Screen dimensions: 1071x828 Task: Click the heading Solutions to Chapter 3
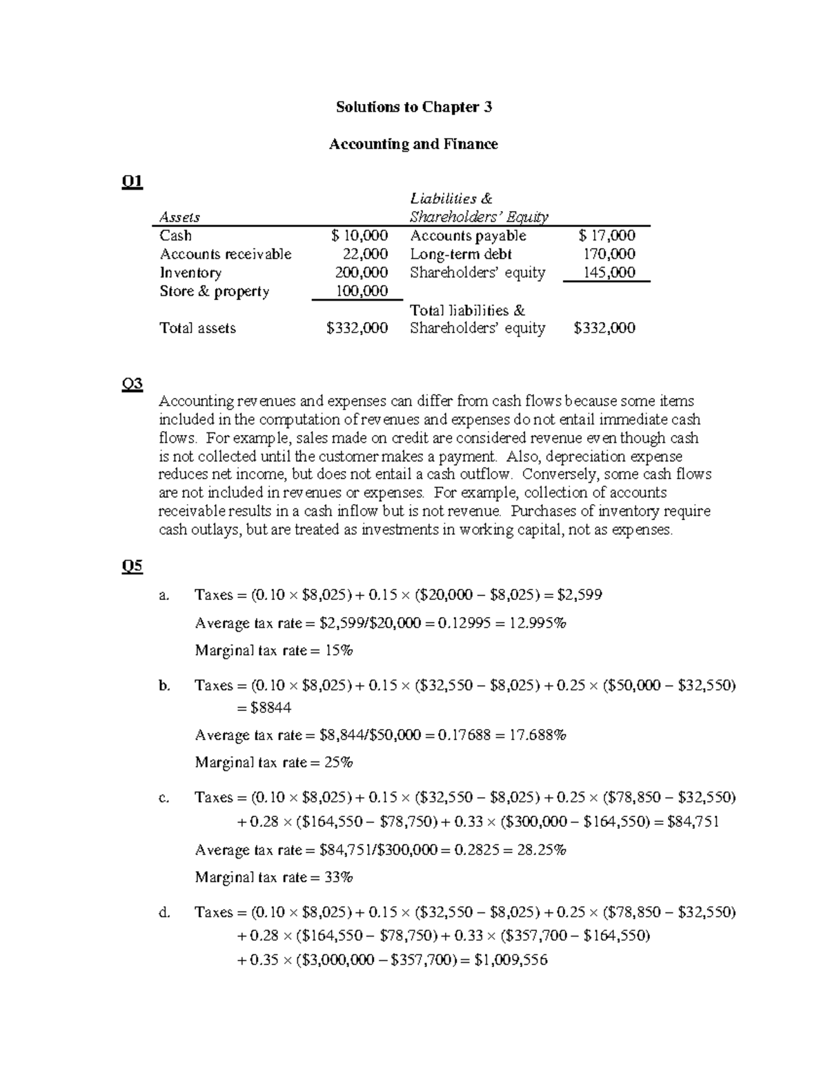[x=413, y=107]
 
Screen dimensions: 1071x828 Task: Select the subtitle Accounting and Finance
[x=413, y=144]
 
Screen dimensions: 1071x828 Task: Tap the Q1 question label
[x=132, y=181]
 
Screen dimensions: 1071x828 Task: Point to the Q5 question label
[x=132, y=566]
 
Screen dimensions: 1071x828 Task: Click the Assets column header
[x=179, y=217]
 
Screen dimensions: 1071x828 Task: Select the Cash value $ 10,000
[x=359, y=236]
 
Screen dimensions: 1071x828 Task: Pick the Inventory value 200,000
[x=362, y=272]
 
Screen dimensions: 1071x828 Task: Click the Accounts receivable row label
[x=226, y=254]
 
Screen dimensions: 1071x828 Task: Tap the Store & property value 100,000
[x=362, y=291]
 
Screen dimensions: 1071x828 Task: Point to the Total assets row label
[x=197, y=328]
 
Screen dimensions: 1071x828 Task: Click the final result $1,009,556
[x=511, y=960]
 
